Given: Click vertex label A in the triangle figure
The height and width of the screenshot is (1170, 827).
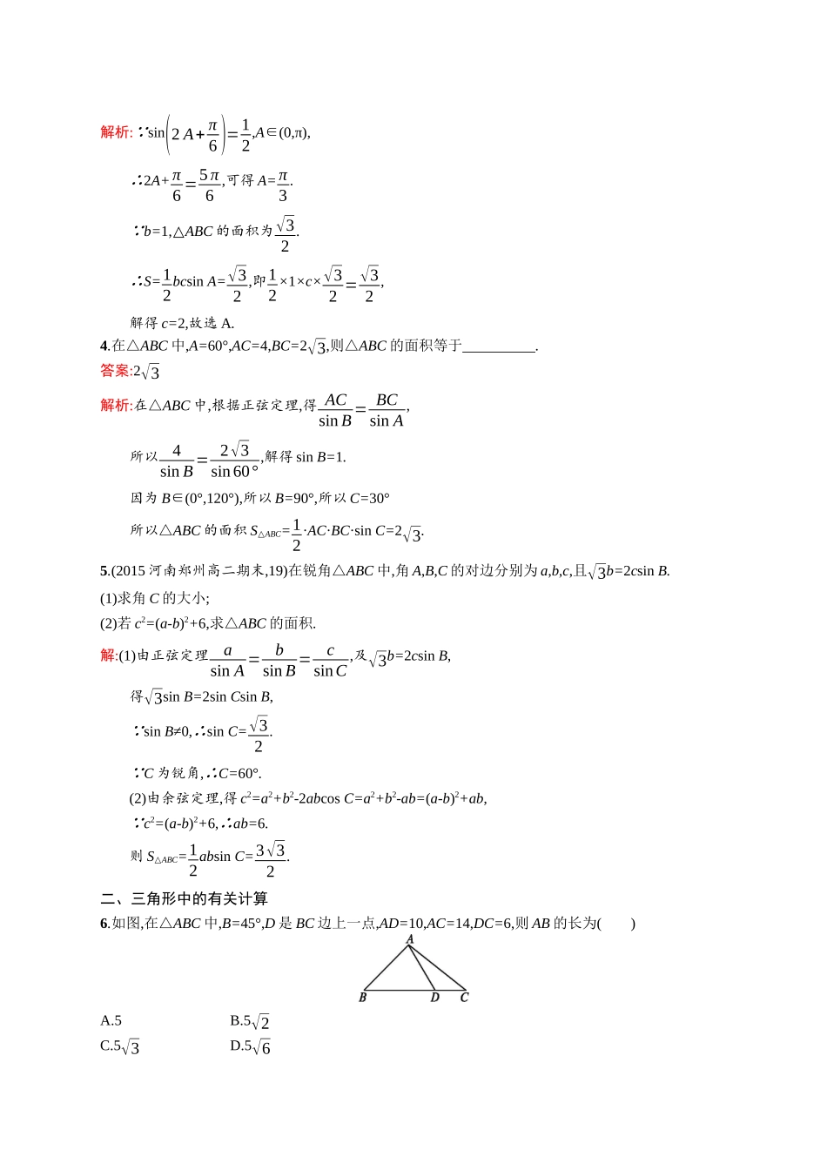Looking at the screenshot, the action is click(410, 939).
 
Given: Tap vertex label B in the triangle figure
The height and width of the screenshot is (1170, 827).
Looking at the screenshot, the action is click(362, 998).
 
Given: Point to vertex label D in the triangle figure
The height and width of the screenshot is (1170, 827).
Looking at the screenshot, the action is click(435, 998).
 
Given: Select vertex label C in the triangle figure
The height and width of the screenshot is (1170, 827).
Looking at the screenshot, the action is click(464, 998).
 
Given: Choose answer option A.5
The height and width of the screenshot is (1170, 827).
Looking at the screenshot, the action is click(111, 1021).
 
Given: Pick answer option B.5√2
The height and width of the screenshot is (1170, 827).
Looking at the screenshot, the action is click(250, 1022).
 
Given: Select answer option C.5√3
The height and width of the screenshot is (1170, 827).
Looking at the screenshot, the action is click(120, 1046).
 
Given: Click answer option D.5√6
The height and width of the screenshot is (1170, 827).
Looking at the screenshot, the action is click(251, 1046).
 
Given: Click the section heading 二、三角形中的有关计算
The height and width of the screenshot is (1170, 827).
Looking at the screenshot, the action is click(185, 898).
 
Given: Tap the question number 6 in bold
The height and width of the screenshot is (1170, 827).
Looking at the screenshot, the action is click(104, 924).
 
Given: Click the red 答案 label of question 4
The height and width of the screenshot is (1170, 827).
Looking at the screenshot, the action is click(115, 371).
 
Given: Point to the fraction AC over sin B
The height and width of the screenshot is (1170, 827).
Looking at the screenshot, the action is click(335, 410).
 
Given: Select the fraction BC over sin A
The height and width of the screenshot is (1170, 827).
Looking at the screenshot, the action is click(387, 410).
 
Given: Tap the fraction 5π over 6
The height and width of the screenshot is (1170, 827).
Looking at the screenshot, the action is click(209, 185).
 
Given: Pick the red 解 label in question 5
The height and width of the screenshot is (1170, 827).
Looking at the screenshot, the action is click(108, 656).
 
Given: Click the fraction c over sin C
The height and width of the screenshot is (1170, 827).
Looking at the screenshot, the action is click(330, 661).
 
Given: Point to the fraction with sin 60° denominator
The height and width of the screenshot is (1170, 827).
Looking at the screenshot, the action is click(234, 461).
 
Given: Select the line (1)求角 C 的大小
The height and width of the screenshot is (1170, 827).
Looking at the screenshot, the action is click(155, 598).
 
